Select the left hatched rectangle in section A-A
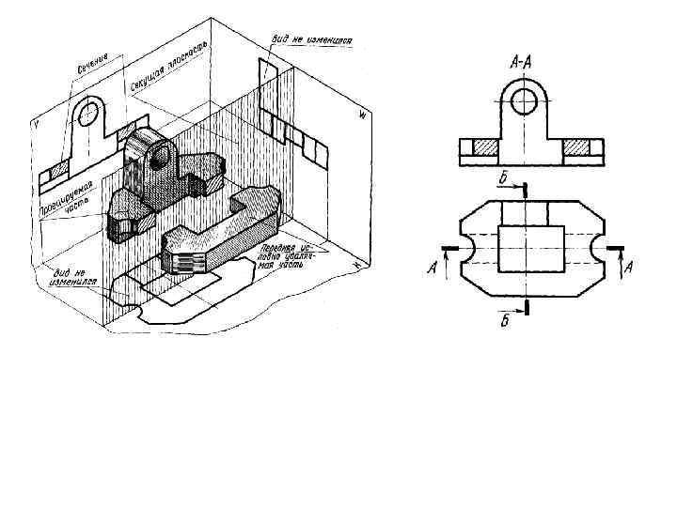(x=485, y=147)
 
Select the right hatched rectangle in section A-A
(x=576, y=147)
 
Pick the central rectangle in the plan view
(x=530, y=249)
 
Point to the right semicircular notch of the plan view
(x=596, y=249)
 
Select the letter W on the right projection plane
(x=361, y=115)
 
